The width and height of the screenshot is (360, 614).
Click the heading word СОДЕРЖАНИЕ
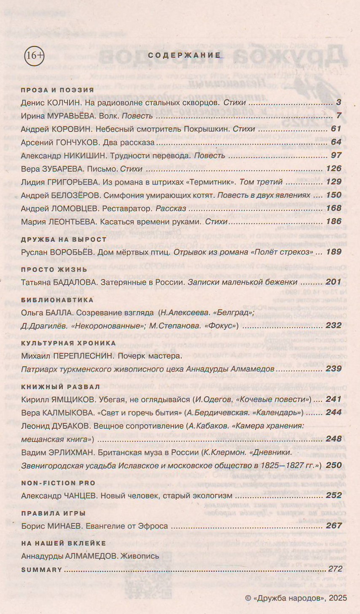185,55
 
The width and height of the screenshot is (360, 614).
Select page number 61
336,129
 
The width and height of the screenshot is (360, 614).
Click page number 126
333,169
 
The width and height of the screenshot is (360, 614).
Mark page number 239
333,369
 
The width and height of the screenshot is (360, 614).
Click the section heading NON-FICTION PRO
58,483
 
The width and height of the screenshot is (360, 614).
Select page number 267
333,526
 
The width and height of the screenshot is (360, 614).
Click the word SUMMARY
42,569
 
